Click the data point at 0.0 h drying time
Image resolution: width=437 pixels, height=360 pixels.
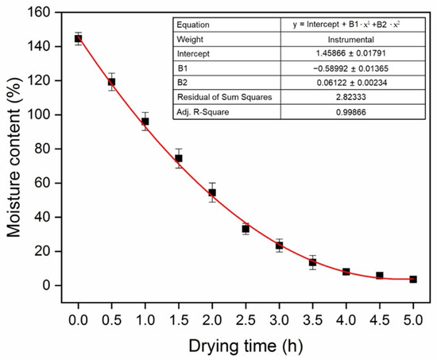coord(78,38)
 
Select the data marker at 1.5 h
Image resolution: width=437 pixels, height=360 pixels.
coord(179,158)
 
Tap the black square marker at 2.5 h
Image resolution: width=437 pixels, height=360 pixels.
coord(246,229)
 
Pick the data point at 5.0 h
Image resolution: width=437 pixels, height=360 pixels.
coord(413,279)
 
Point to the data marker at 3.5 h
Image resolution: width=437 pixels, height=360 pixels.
coord(313,262)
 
